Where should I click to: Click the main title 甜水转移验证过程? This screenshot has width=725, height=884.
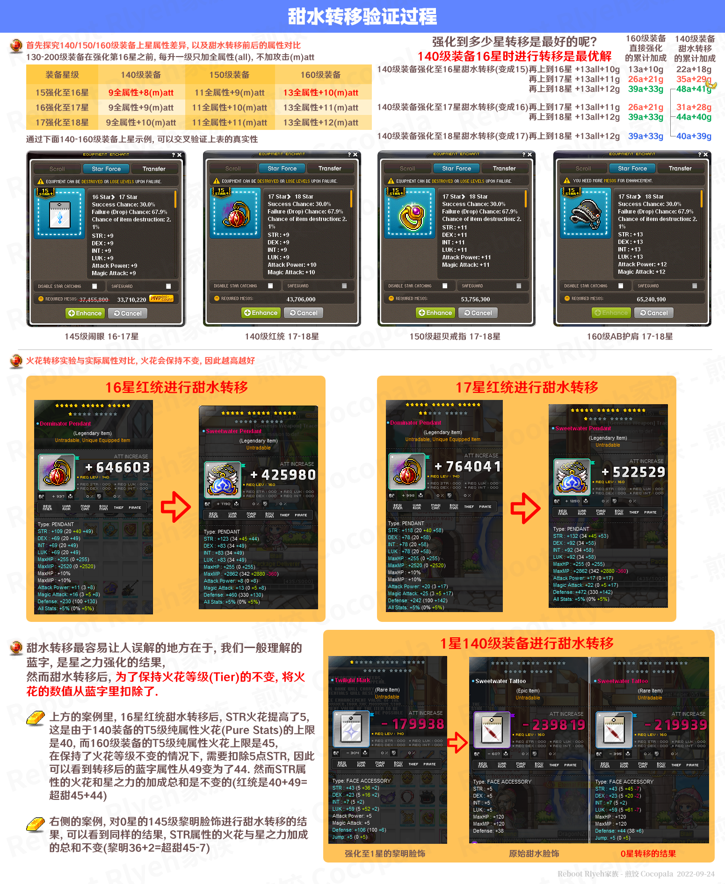click(x=362, y=17)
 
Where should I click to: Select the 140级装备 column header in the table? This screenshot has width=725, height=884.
click(x=141, y=75)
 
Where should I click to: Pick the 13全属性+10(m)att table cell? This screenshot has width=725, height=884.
click(x=321, y=93)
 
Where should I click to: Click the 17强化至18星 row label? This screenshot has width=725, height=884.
click(x=62, y=122)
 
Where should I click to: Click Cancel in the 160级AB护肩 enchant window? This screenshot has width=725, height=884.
click(x=653, y=313)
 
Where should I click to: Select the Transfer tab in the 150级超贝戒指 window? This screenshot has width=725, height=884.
click(x=504, y=168)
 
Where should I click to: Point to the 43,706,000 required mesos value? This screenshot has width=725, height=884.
click(x=301, y=299)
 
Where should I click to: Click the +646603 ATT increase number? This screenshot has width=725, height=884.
click(x=117, y=467)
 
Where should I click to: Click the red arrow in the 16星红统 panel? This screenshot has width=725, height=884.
click(x=175, y=506)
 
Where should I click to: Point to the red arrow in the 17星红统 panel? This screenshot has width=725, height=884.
click(x=525, y=508)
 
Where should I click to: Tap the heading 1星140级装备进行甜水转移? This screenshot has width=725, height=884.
click(x=527, y=643)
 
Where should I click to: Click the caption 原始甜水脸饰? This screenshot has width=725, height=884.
click(x=534, y=854)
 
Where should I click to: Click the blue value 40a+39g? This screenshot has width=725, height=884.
click(x=694, y=136)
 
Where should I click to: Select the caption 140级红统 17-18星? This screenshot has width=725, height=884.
click(x=282, y=336)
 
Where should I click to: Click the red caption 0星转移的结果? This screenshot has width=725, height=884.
click(x=648, y=854)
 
